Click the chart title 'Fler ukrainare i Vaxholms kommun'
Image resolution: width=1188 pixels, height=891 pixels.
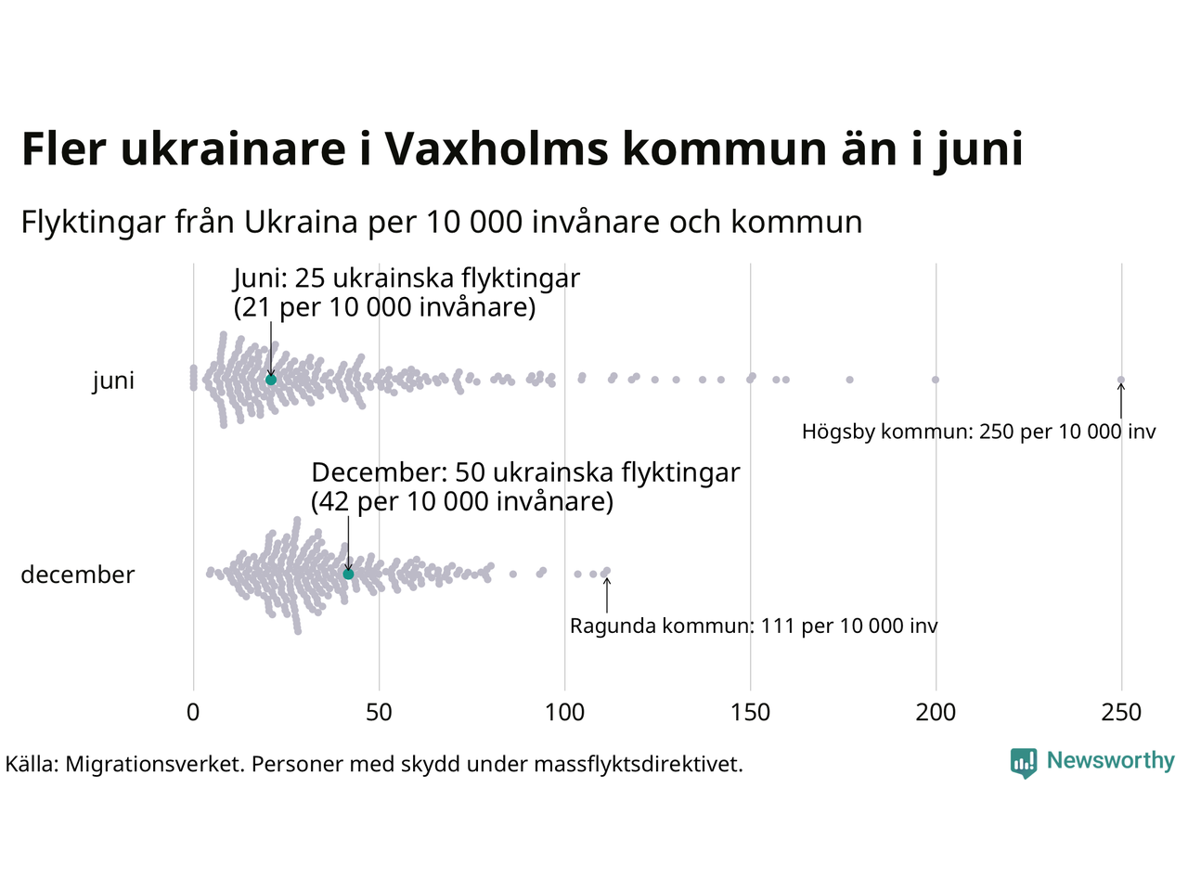click(x=522, y=149)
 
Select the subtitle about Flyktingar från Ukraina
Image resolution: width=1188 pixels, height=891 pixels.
click(x=442, y=223)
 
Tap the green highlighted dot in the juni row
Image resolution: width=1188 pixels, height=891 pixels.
click(x=271, y=380)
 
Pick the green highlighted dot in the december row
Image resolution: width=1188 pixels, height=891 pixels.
click(x=349, y=575)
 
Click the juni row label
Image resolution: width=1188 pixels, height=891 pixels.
click(x=113, y=381)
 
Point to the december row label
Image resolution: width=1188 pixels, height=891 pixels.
click(x=78, y=575)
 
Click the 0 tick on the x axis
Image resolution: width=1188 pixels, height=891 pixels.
click(x=193, y=713)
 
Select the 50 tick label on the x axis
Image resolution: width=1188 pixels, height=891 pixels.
click(x=379, y=713)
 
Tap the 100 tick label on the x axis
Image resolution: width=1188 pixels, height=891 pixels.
click(x=564, y=713)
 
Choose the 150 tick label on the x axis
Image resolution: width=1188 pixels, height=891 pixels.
click(x=750, y=713)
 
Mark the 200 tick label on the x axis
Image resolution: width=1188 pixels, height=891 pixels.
click(x=936, y=713)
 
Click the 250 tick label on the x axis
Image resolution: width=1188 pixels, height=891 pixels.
click(x=1121, y=713)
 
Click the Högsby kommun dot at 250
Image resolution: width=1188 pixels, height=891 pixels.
click(x=1121, y=380)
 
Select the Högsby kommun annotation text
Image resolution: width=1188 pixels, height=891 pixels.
click(x=979, y=432)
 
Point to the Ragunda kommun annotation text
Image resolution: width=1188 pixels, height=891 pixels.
click(x=754, y=626)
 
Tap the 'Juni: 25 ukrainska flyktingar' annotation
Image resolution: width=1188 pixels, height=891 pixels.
click(x=407, y=278)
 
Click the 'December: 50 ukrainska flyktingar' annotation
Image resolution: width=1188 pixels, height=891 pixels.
click(x=525, y=473)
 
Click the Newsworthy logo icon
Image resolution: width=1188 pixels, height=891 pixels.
click(x=1024, y=763)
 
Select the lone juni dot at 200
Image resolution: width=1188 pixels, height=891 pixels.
click(x=936, y=380)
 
